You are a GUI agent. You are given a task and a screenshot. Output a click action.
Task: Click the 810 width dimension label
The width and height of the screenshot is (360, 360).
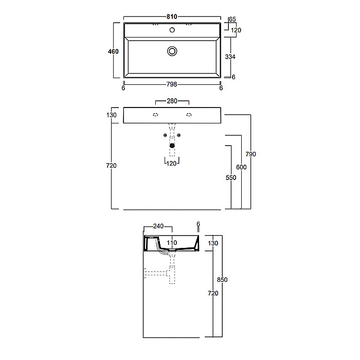click(172, 16)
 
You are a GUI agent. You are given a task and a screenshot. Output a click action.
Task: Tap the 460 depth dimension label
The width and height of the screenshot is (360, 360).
click(113, 51)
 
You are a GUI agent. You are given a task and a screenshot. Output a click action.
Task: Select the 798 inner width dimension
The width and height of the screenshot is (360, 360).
click(172, 84)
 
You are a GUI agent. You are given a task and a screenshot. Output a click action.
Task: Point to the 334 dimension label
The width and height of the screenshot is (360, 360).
click(230, 57)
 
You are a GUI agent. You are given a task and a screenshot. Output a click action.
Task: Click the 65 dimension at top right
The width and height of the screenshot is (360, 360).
click(232, 20)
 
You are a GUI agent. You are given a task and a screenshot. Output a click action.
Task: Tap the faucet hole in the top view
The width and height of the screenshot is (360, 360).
click(172, 30)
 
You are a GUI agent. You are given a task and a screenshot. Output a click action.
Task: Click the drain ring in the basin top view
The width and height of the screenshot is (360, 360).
click(172, 51)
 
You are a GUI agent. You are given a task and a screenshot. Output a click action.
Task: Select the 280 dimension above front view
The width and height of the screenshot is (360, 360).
click(172, 101)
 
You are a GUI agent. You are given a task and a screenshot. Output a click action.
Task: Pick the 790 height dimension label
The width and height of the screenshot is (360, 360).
click(251, 154)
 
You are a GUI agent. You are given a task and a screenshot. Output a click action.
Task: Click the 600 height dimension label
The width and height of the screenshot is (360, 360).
click(241, 167)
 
